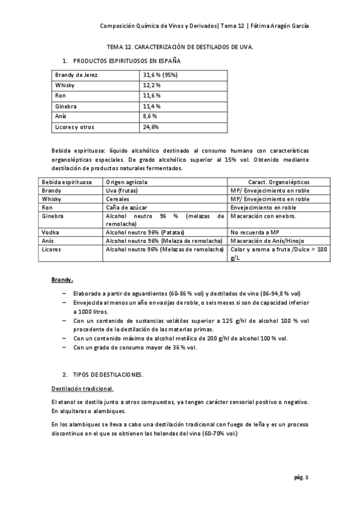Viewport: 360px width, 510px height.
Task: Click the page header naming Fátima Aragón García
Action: [204, 26]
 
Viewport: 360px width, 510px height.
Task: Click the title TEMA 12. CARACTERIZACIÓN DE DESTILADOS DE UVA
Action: [180, 46]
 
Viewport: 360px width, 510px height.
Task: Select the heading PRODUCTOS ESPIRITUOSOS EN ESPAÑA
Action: [126, 61]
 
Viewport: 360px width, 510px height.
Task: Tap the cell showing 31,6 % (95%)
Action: [160, 75]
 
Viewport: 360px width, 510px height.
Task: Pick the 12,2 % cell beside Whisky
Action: [151, 85]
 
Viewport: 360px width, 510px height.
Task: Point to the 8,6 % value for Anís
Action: [150, 117]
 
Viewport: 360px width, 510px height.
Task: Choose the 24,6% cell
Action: [151, 127]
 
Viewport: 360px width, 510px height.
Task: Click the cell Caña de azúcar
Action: [125, 206]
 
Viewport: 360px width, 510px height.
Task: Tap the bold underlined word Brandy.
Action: [62, 280]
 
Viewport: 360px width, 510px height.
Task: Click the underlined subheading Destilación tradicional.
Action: [82, 388]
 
